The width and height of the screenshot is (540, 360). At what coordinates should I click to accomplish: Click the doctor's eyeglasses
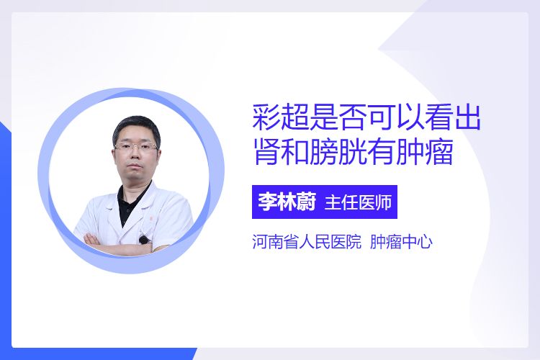click(135, 146)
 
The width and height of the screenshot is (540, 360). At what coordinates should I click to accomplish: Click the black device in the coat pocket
click(143, 240)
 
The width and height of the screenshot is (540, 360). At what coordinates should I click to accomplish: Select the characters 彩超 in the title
click(281, 118)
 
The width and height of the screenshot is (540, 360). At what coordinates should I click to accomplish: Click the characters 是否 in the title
click(338, 118)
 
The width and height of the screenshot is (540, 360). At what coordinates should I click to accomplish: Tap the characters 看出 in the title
click(452, 118)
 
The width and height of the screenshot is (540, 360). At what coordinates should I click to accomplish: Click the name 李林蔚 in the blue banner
click(287, 202)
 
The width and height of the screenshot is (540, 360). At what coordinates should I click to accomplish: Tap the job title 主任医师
click(358, 202)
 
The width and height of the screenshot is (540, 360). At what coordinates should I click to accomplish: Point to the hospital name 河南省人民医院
click(307, 242)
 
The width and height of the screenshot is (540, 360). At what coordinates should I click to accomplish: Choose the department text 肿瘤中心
click(401, 242)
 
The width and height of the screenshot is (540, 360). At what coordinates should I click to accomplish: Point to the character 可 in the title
click(381, 118)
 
